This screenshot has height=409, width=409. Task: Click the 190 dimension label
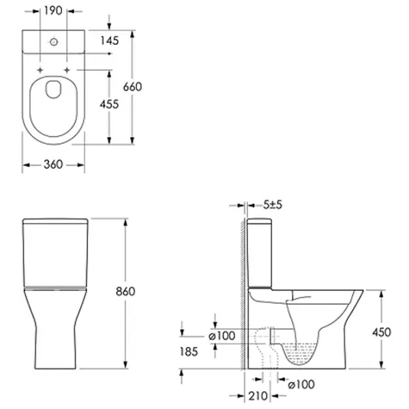pyautogui.click(x=53, y=11)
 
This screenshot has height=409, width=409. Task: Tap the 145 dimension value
pyautogui.click(x=110, y=41)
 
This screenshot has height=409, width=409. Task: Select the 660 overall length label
pyautogui.click(x=132, y=87)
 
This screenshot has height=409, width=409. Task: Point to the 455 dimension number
pyautogui.click(x=109, y=104)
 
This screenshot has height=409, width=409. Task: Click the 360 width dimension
pyautogui.click(x=53, y=164)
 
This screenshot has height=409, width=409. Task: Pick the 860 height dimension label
pyautogui.click(x=125, y=292)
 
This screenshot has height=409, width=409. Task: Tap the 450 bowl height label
pyautogui.click(x=382, y=333)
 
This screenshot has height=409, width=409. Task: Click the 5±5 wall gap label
pyautogui.click(x=273, y=205)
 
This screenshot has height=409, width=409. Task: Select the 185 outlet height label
pyautogui.click(x=189, y=352)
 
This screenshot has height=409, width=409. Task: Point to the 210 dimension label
pyautogui.click(x=258, y=396)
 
